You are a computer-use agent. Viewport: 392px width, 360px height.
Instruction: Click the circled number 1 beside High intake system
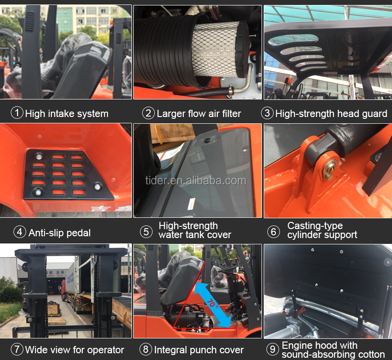point(17,113)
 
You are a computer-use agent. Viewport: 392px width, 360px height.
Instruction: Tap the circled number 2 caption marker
point(149,113)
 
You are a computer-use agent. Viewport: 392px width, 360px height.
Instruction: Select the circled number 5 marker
point(146,231)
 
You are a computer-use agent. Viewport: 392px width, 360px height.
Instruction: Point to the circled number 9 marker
point(273,349)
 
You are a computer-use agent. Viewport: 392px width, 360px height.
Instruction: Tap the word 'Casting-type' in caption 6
point(315,226)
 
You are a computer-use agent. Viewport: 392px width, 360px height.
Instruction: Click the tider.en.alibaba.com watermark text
point(196,181)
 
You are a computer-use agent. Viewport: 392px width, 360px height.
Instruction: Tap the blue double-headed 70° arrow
point(212,305)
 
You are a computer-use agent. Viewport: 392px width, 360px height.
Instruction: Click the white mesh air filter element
point(216,49)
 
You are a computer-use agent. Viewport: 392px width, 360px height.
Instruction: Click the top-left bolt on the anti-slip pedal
point(39,157)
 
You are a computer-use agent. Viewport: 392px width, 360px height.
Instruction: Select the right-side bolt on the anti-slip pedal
point(97,186)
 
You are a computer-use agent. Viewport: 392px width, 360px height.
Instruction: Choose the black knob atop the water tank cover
point(207,140)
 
